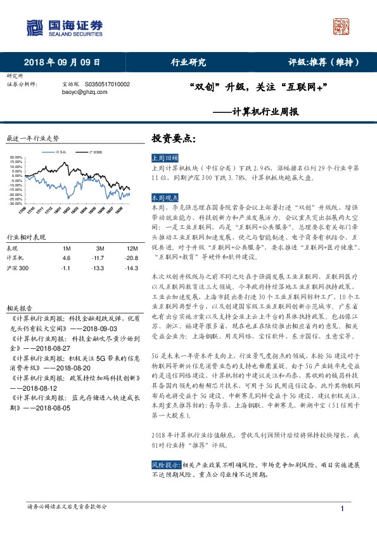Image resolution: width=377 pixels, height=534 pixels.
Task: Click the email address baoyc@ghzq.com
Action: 81,91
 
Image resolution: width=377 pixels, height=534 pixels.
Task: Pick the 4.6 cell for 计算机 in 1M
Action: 67,258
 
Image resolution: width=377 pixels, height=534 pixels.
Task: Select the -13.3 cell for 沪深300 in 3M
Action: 97,269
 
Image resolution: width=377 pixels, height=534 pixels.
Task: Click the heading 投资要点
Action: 171,138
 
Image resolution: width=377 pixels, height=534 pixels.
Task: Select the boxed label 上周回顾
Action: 165,157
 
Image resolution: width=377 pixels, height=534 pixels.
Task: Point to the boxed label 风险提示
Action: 165,465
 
